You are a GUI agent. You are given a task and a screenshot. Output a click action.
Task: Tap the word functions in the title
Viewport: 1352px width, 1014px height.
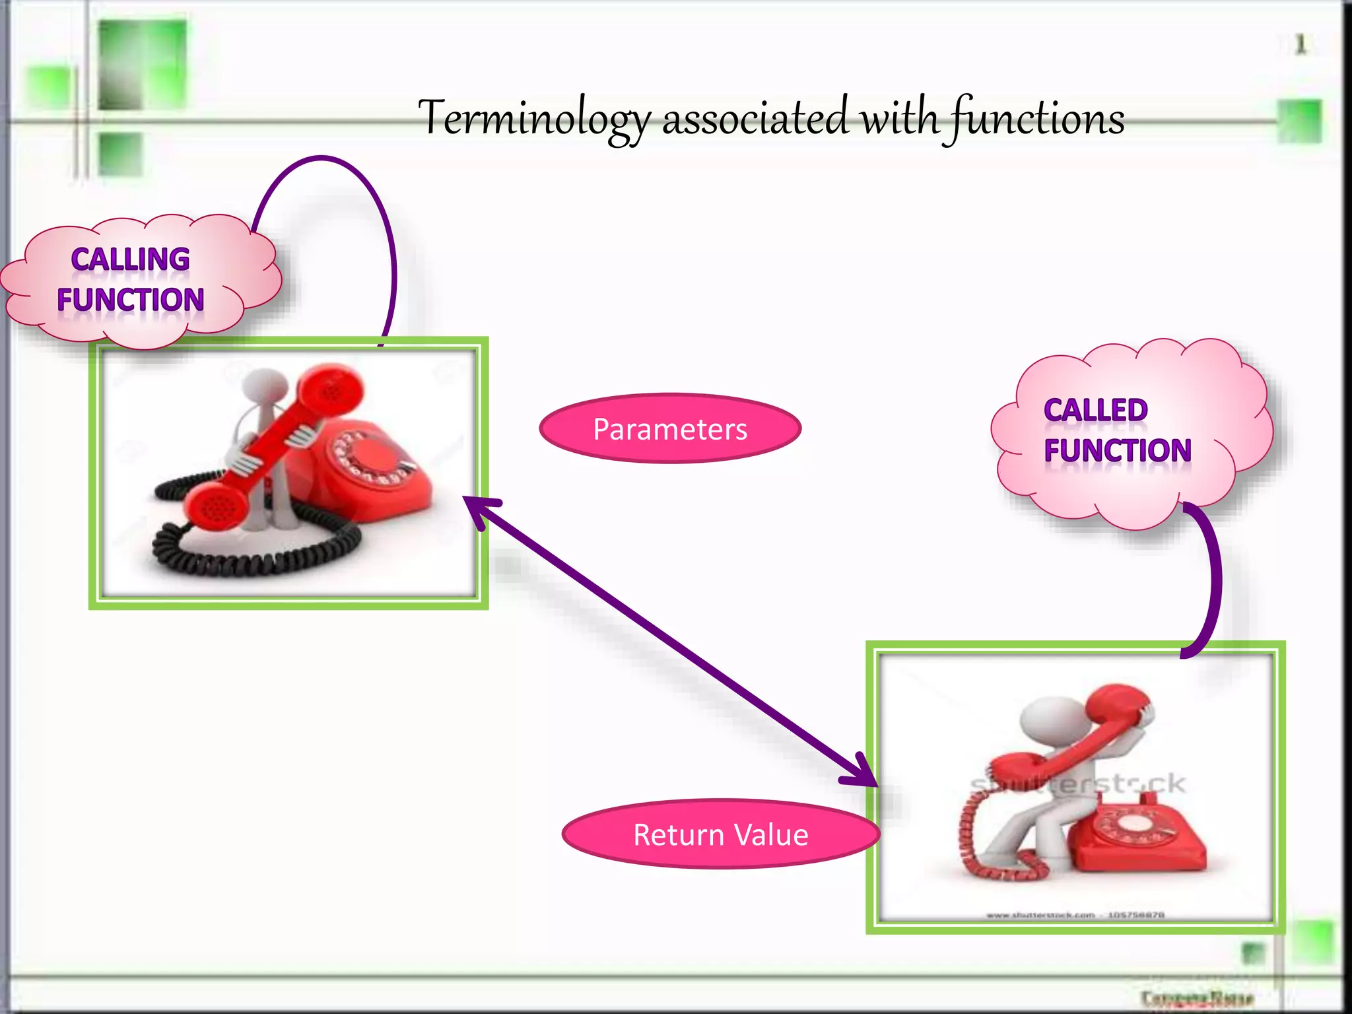coord(1036,119)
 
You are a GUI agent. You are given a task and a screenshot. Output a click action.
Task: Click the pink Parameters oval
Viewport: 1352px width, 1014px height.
coord(670,429)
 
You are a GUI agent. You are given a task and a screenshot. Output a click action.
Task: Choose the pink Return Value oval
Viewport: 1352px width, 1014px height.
coord(720,834)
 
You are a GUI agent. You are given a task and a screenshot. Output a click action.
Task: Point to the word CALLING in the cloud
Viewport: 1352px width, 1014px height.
coord(130,259)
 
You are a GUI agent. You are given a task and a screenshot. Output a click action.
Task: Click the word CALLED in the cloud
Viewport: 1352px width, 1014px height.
coord(1095,410)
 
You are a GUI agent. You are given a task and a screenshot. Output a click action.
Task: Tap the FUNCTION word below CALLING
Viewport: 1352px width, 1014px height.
coord(130,300)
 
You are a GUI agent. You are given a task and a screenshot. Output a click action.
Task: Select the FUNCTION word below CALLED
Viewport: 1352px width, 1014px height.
coord(1117,451)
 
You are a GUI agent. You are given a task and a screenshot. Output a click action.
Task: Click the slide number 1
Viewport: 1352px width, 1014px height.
coord(1300,45)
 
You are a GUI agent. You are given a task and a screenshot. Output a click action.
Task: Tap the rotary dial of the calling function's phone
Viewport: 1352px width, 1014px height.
coord(373,456)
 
